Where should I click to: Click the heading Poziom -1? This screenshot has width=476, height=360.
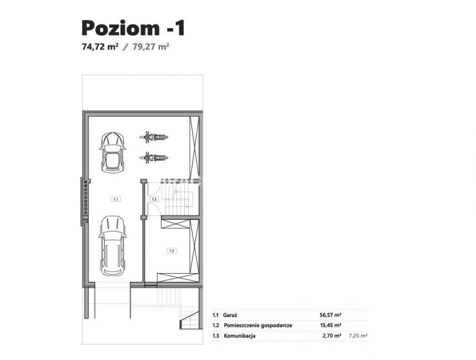133,27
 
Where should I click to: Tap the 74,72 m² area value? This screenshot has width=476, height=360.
100,47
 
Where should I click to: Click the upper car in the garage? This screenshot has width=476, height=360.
112,150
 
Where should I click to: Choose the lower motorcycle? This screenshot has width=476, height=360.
153,158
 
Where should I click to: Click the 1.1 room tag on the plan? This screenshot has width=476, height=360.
115,198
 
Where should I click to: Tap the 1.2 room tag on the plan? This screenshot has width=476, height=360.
171,251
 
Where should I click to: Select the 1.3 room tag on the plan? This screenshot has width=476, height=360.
154,199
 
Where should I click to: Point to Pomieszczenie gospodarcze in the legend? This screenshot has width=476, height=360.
258,325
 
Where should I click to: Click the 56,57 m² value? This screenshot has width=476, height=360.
330,315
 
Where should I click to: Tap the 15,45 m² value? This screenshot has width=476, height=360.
330,325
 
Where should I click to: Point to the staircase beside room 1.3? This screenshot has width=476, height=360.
180,198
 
